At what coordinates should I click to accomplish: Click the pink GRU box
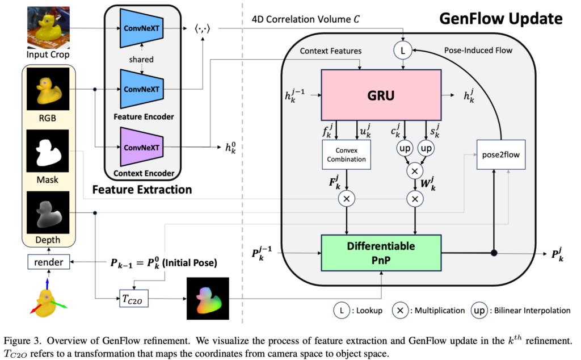(381, 95)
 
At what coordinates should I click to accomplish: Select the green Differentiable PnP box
(381, 253)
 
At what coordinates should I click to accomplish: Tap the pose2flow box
(500, 154)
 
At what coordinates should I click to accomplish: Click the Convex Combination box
(347, 154)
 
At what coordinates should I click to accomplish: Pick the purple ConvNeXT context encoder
(141, 147)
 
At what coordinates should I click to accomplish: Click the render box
(49, 262)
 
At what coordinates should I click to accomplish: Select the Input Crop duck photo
(48, 27)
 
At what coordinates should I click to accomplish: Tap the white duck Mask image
(48, 151)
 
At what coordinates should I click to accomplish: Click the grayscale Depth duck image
(48, 213)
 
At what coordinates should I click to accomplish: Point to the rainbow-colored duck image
(208, 299)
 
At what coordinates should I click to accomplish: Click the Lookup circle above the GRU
(403, 50)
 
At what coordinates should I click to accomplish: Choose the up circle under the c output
(405, 148)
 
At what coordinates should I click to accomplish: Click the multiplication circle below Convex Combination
(347, 199)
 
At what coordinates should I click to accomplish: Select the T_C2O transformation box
(134, 299)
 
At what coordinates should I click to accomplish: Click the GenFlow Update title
(500, 19)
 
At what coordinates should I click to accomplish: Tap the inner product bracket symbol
(203, 28)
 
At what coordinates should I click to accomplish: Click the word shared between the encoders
(141, 59)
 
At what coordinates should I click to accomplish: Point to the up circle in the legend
(479, 311)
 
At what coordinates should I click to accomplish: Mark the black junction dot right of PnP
(494, 253)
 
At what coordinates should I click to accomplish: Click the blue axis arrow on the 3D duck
(47, 284)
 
